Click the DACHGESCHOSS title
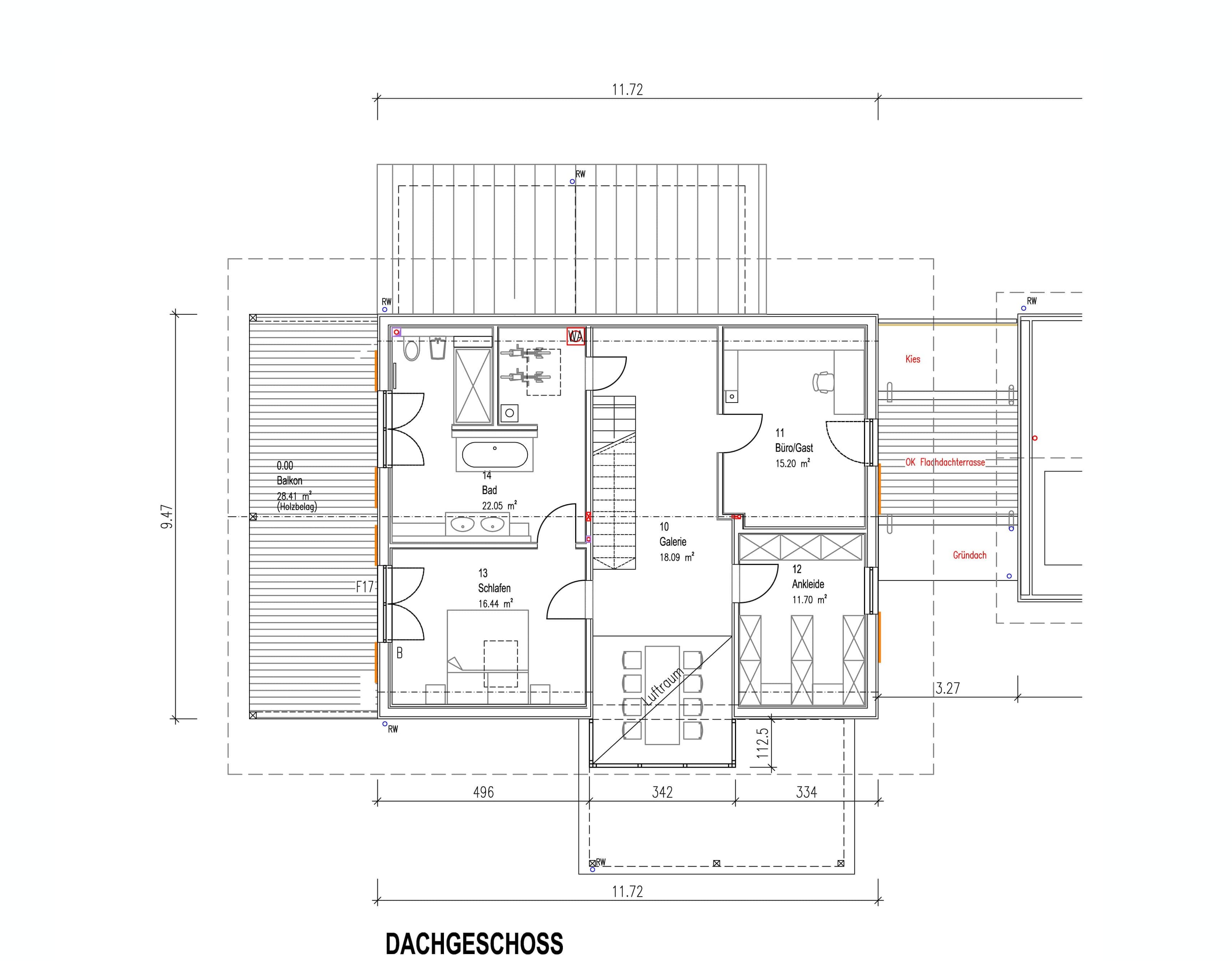point(474,944)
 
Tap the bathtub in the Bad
point(495,455)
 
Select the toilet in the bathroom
point(412,349)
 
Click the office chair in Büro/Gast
point(823,382)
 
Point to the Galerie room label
point(673,542)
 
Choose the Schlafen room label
point(494,588)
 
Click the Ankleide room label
point(808,584)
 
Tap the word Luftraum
point(663,686)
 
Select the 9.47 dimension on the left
point(167,517)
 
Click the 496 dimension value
point(484,792)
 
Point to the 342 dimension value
point(662,792)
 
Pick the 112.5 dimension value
point(762,743)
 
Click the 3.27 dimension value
point(948,688)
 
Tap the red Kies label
point(913,359)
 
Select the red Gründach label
point(970,555)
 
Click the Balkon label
point(290,481)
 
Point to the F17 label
point(365,587)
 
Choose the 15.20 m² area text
point(793,463)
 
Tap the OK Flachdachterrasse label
point(945,462)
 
